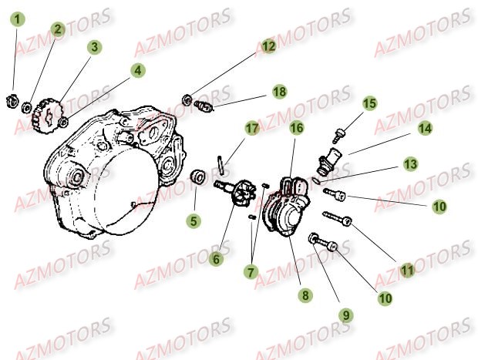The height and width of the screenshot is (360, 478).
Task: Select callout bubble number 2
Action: click(57, 29)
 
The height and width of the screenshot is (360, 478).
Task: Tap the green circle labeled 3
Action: click(94, 47)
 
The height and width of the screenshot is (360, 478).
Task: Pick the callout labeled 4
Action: click(137, 71)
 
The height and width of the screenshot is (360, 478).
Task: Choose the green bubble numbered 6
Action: click(217, 260)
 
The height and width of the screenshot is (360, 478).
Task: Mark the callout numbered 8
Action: click(306, 294)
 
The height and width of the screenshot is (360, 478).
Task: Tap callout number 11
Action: click(406, 270)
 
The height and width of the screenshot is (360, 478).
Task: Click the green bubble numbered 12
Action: click(268, 46)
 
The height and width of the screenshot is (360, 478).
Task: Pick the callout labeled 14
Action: click(426, 130)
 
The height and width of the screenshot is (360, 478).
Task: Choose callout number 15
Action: click(369, 103)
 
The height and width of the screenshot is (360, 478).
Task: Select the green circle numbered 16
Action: click(295, 128)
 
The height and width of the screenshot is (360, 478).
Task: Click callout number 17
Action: click(251, 127)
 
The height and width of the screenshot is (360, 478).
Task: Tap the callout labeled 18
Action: click(278, 92)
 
